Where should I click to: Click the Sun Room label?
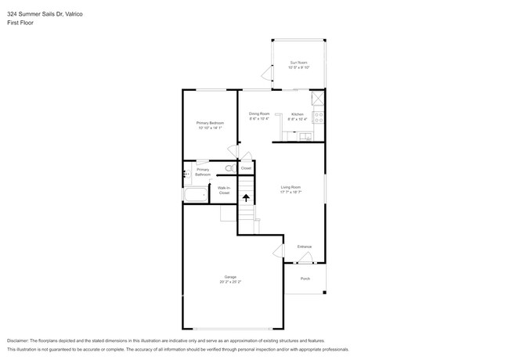[x=298, y=63]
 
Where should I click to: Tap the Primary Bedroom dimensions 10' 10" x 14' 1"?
[x=210, y=128]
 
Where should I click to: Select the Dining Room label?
[x=259, y=114]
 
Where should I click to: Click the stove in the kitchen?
[x=319, y=117]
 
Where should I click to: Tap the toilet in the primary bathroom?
[x=230, y=168]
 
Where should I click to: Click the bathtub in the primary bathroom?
[x=195, y=195]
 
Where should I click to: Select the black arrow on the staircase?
[x=247, y=199]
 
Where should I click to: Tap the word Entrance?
[x=304, y=247]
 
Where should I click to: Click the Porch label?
[x=305, y=277]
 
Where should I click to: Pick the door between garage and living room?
[x=277, y=251]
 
